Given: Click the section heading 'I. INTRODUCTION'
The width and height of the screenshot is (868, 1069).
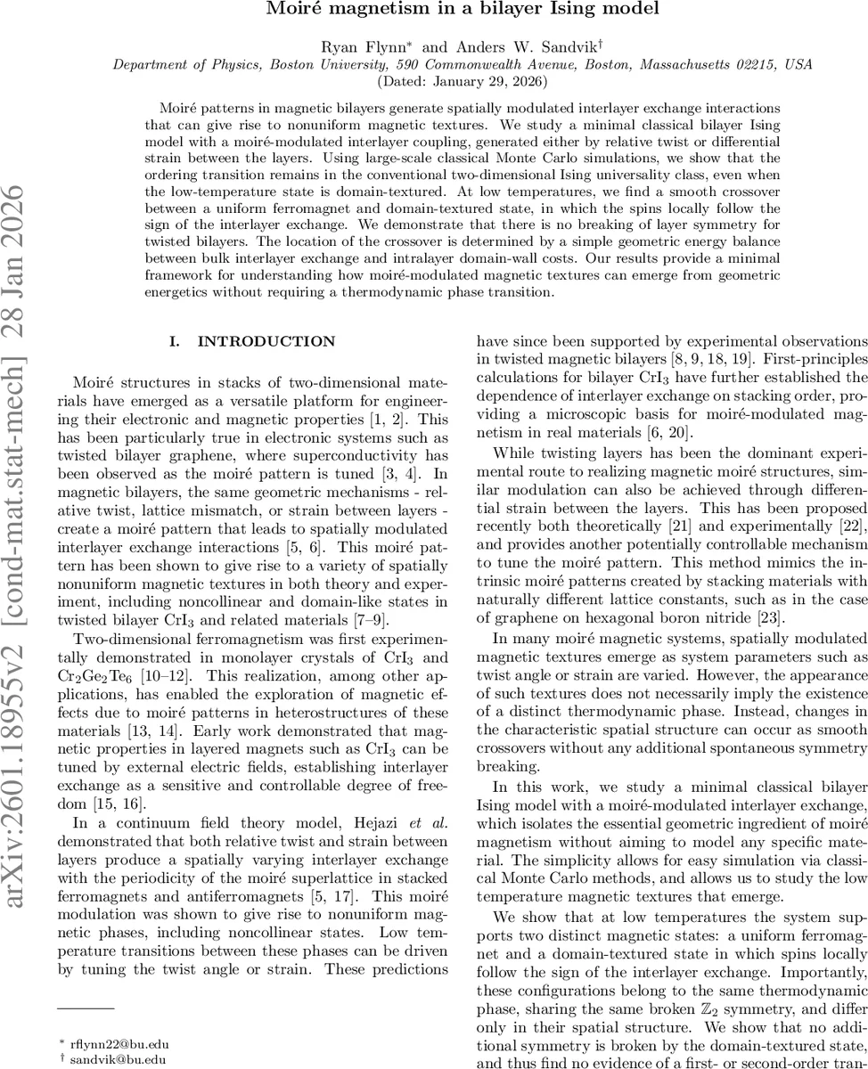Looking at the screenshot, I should [252, 341].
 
